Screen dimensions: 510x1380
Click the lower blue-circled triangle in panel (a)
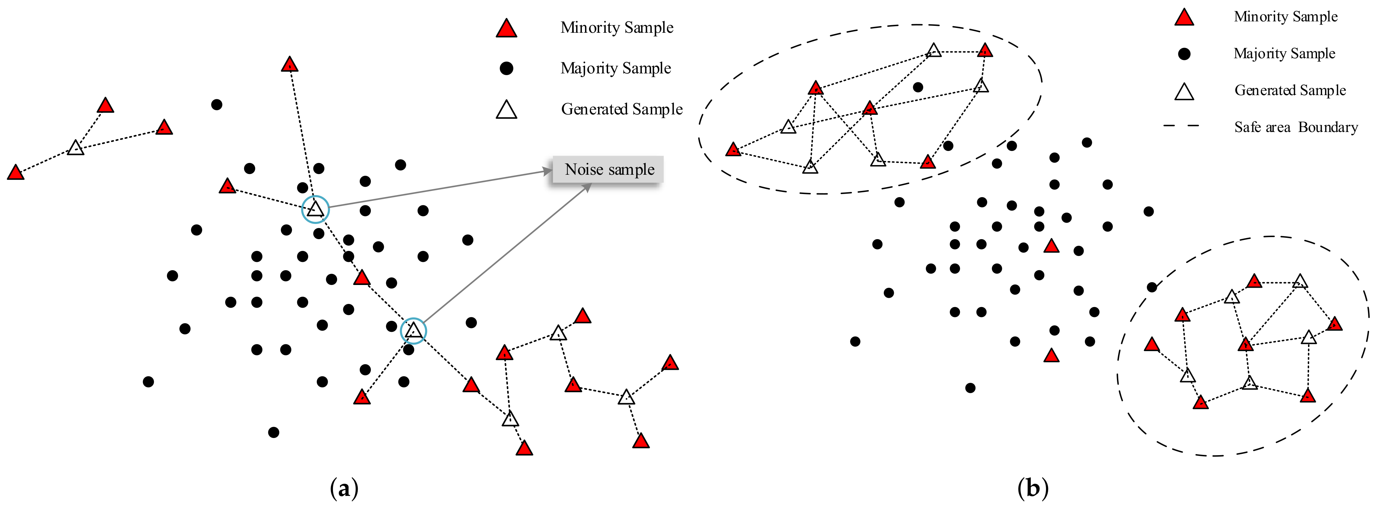(x=413, y=331)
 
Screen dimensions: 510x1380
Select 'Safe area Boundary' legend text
(x=1296, y=127)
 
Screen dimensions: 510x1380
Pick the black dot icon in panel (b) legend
(x=1184, y=54)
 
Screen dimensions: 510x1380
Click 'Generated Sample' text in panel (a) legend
(x=621, y=109)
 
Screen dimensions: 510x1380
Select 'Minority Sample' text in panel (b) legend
(x=1285, y=17)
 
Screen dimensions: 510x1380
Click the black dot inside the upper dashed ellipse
(x=918, y=87)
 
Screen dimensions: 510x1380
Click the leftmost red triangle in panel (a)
(x=15, y=173)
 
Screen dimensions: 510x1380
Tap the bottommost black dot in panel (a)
(x=273, y=432)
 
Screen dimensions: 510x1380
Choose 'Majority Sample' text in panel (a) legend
(x=616, y=69)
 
